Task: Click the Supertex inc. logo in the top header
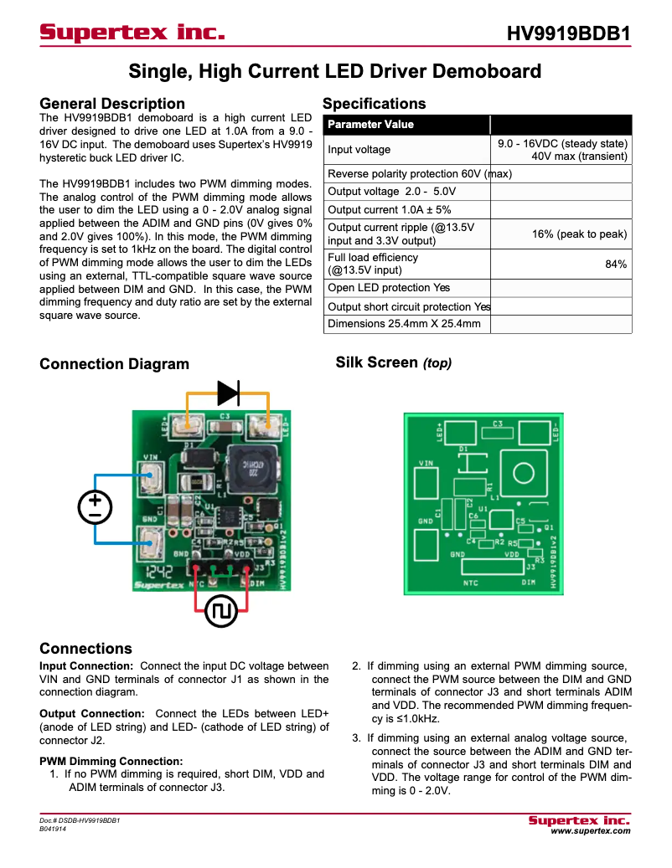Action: coord(132,33)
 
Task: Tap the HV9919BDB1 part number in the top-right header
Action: coord(568,34)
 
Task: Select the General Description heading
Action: coord(112,104)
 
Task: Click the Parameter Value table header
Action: coord(370,125)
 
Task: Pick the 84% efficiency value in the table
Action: coord(616,265)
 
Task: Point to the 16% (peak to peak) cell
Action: coord(579,234)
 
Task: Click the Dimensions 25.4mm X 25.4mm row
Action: coord(404,324)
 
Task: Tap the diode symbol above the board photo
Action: coord(228,392)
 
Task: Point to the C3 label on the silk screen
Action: coord(497,424)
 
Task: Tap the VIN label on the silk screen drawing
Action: coord(426,463)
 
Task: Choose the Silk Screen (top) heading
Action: coord(393,363)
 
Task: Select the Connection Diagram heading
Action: coord(114,364)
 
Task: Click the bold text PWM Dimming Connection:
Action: coord(111,761)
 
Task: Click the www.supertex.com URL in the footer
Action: coord(590,831)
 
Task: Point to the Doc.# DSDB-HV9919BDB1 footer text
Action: coord(80,821)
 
